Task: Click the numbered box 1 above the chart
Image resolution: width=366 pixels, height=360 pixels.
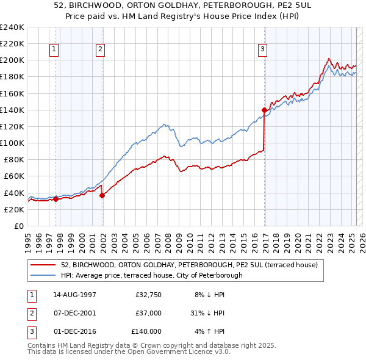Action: [x=54, y=50]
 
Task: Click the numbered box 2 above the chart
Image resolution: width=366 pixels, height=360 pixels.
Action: [x=100, y=50]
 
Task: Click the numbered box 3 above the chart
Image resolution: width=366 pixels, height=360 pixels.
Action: [x=262, y=50]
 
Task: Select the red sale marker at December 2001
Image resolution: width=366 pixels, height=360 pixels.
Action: [x=102, y=195]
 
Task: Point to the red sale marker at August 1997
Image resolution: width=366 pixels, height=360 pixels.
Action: [x=56, y=198]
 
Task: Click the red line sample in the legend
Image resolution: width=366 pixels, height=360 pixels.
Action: [x=44, y=265]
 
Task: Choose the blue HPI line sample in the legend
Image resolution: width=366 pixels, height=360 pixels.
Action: [x=44, y=275]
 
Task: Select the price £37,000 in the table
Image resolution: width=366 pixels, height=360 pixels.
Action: [x=148, y=313]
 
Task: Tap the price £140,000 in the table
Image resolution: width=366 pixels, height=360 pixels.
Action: [x=146, y=331]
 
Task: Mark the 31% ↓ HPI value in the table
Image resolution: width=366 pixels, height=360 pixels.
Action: [x=207, y=313]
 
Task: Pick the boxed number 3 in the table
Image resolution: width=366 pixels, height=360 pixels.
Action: [x=30, y=331]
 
